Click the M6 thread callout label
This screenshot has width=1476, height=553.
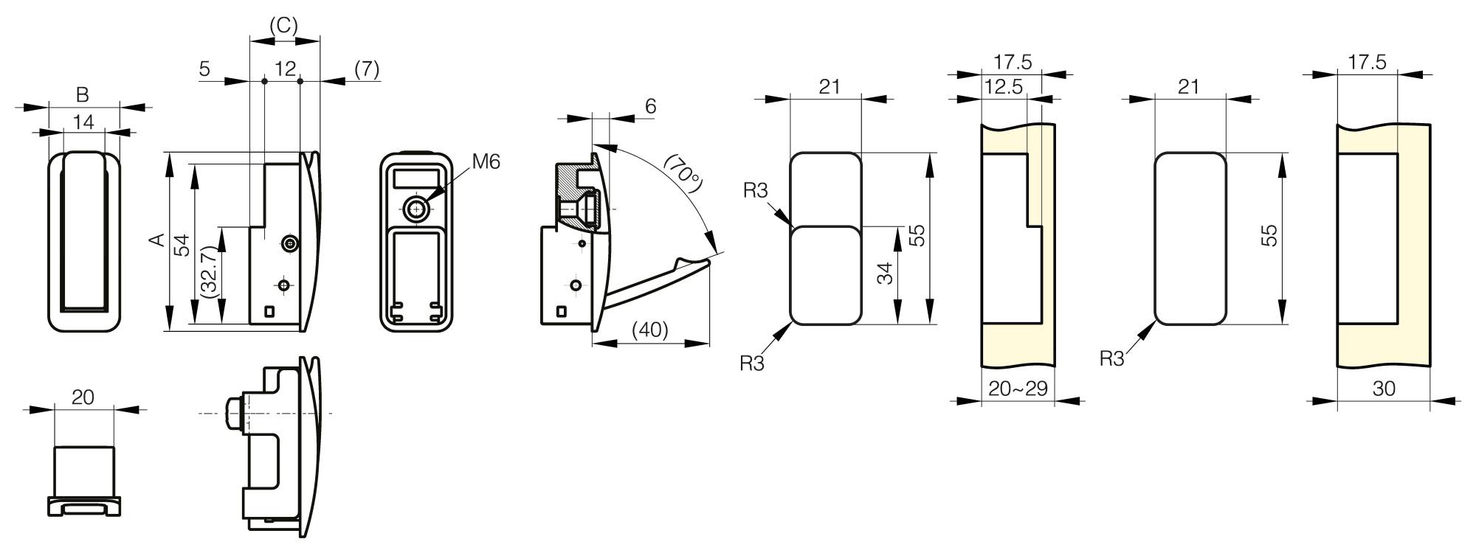tap(486, 161)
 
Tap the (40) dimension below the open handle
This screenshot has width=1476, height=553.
tap(649, 330)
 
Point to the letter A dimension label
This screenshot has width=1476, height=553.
tap(156, 240)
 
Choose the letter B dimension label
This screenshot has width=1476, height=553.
tap(83, 95)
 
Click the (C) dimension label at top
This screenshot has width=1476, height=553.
tap(283, 26)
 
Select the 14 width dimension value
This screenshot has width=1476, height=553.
tap(84, 122)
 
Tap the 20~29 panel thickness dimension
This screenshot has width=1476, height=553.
tap(1018, 388)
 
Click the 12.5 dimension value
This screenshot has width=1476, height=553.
tap(1004, 87)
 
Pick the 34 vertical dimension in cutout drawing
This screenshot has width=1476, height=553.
tap(886, 273)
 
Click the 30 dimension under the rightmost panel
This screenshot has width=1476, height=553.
tap(1384, 388)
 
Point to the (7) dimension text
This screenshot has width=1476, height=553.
tap(367, 69)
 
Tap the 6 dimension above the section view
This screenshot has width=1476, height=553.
tap(650, 106)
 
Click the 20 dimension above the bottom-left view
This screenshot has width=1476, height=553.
tap(83, 397)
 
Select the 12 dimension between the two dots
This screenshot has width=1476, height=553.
tap(285, 69)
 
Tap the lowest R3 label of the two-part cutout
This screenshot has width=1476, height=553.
tap(752, 363)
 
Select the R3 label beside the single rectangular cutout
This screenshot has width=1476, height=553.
tap(1111, 358)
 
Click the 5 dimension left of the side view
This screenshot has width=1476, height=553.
tap(204, 69)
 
